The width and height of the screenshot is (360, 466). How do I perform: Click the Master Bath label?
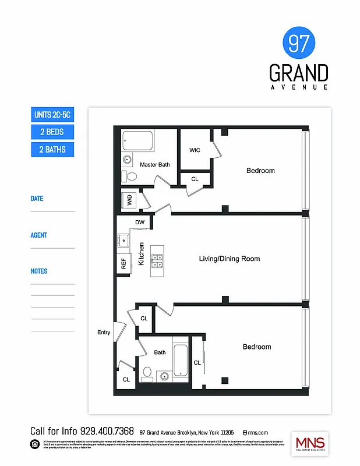coord(155,165)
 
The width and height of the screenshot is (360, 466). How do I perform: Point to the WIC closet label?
coord(195,150)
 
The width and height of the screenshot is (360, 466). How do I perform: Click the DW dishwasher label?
coord(140,223)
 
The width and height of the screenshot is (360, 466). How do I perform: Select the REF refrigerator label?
coord(123,263)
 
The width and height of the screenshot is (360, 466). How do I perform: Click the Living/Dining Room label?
coord(230,259)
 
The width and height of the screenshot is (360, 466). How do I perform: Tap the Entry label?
coord(104,333)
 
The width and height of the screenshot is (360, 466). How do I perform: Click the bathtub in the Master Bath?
coord(137,140)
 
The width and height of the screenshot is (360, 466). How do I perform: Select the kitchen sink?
coord(123,239)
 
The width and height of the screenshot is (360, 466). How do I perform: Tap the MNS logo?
coord(310,443)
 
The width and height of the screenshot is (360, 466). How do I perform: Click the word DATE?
coord(37,199)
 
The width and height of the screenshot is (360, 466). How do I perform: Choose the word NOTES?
coord(39,271)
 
